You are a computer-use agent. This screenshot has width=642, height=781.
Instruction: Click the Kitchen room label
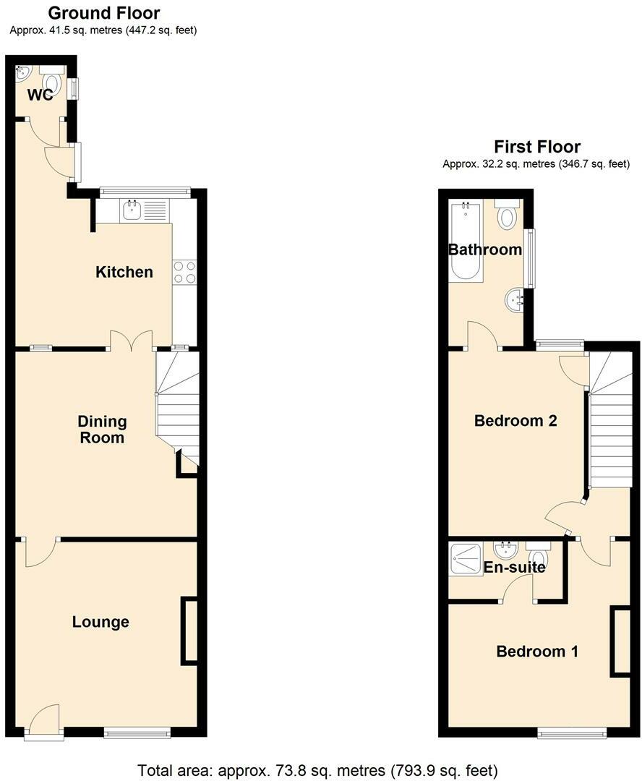124,272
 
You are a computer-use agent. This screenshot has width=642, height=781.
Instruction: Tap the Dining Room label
103,429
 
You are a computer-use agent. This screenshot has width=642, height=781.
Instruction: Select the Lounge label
100,622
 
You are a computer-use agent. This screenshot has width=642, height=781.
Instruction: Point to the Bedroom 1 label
536,652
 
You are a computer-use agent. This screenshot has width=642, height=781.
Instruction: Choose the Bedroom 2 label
515,420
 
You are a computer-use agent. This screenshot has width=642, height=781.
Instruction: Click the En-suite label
514,568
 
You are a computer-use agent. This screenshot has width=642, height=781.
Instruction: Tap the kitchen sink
132,211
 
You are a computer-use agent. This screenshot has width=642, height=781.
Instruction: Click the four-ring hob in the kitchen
184,272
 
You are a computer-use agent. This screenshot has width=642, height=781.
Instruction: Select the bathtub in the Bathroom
464,242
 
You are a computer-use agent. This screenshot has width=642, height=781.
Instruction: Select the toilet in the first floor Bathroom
508,215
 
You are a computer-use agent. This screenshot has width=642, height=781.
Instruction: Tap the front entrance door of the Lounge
45,720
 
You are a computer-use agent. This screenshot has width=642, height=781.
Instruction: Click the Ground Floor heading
103,13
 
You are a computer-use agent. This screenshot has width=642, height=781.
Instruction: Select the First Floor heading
536,147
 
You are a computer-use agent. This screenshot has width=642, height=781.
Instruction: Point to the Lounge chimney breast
189,630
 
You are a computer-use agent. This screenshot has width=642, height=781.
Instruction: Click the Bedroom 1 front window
572,734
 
